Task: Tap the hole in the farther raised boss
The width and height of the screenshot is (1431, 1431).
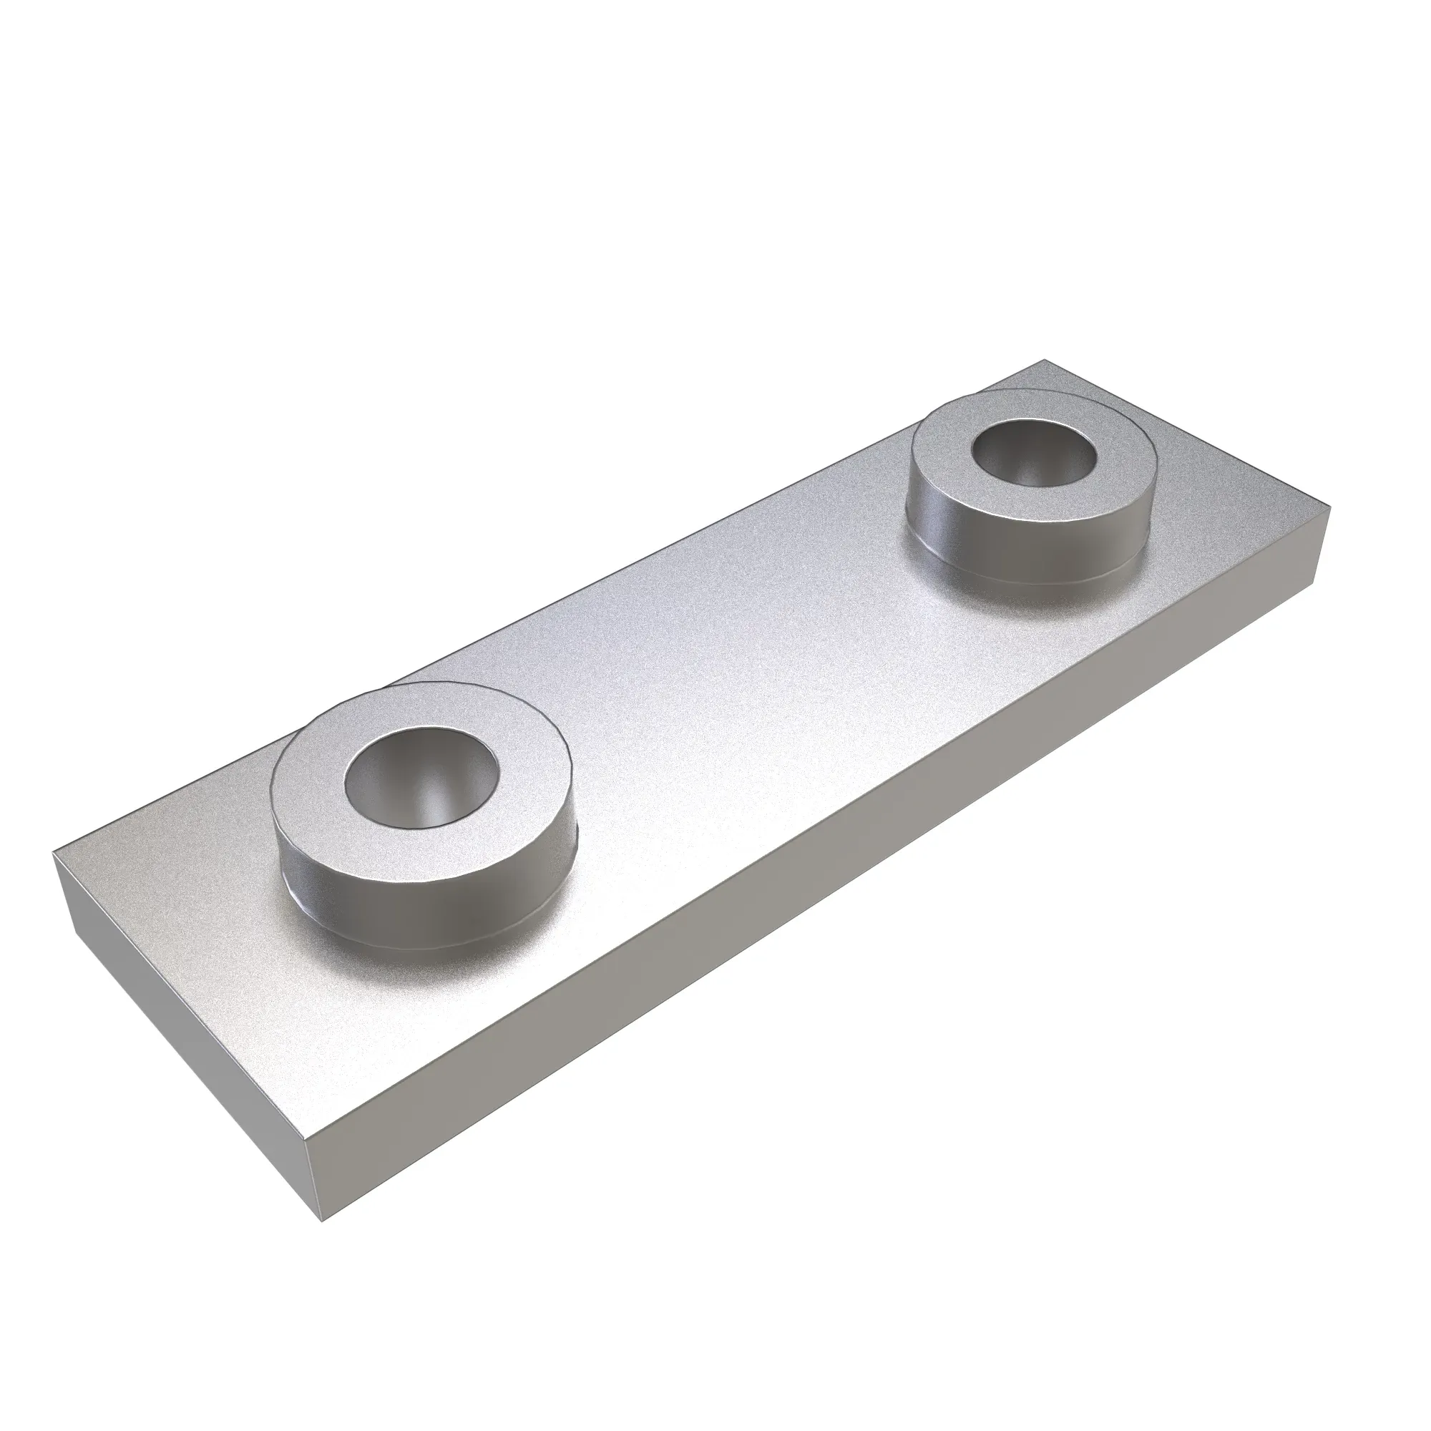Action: [1034, 454]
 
